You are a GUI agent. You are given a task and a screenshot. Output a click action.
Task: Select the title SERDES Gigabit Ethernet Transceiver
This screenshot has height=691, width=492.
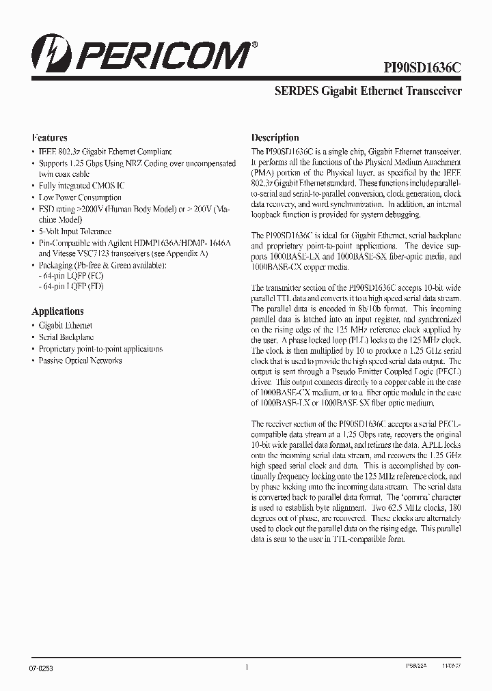pyautogui.click(x=368, y=91)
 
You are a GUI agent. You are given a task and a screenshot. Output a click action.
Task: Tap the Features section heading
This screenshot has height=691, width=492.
pyautogui.click(x=49, y=137)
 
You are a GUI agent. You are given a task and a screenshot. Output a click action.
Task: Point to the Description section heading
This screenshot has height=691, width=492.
pyautogui.click(x=275, y=137)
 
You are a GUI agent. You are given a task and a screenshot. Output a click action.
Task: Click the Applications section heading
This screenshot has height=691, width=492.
pyautogui.click(x=57, y=311)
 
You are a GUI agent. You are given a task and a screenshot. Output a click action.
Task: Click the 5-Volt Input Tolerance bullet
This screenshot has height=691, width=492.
pyautogui.click(x=74, y=231)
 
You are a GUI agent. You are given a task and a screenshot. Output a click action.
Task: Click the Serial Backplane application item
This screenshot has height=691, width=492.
pyautogui.click(x=66, y=337)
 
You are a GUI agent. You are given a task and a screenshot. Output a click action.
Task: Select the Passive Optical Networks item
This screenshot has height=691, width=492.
pyautogui.click(x=80, y=361)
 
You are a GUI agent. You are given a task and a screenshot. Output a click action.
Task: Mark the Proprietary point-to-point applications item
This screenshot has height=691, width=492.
pyautogui.click(x=100, y=349)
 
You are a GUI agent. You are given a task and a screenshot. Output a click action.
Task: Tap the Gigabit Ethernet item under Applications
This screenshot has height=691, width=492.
pyautogui.click(x=65, y=326)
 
